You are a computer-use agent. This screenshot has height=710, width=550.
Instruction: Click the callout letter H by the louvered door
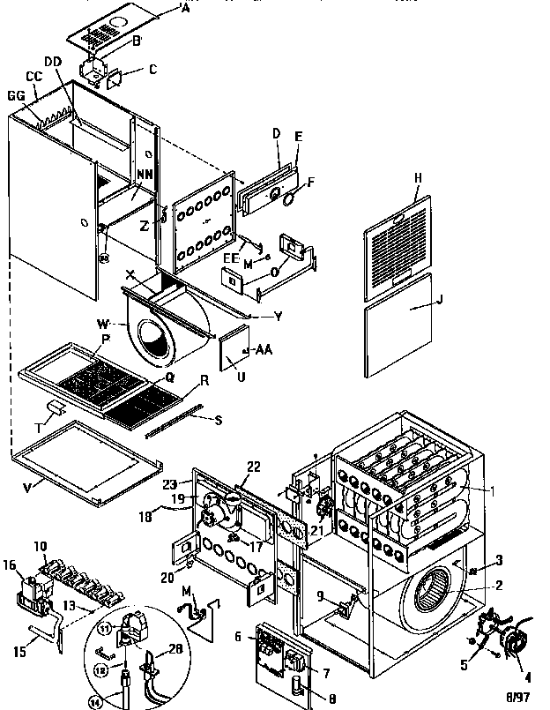pyautogui.click(x=417, y=177)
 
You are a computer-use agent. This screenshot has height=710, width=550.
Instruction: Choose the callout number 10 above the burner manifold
pyautogui.click(x=41, y=547)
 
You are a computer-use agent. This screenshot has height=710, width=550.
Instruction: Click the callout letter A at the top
pyautogui.click(x=183, y=10)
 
